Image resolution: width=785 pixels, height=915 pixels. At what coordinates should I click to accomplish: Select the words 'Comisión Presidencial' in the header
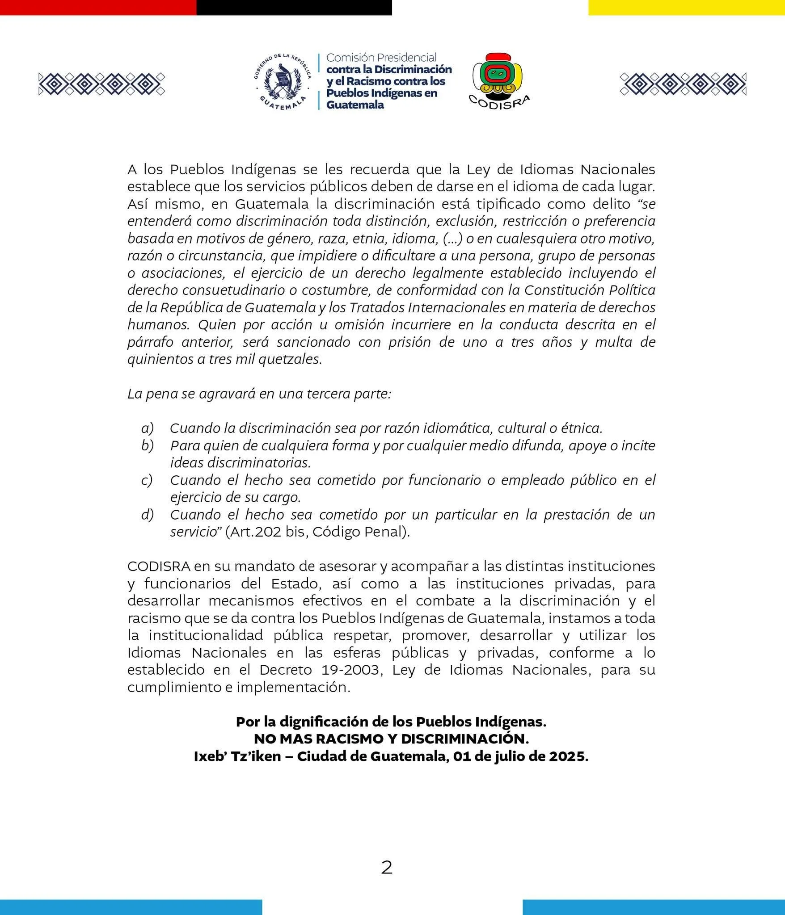[381, 58]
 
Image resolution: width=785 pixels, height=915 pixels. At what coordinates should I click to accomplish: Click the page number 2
[387, 868]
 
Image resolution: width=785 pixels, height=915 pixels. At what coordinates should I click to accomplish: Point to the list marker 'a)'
[148, 428]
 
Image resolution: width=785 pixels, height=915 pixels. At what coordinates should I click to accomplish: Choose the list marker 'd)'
[148, 515]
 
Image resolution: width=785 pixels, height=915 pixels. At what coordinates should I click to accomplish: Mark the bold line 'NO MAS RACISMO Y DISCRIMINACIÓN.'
[391, 739]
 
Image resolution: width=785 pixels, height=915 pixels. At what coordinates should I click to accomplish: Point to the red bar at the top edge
[98, 7]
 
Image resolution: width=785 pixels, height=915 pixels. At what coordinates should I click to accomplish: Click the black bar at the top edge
[294, 7]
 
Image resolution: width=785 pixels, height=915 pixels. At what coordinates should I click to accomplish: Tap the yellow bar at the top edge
[686, 7]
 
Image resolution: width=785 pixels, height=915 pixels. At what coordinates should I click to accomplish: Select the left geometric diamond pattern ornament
[102, 84]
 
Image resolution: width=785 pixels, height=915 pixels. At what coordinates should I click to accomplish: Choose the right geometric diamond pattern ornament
[683, 84]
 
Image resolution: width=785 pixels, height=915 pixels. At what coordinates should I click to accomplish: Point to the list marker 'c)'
[147, 480]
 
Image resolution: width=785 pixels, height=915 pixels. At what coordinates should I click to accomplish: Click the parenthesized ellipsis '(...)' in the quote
[453, 239]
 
